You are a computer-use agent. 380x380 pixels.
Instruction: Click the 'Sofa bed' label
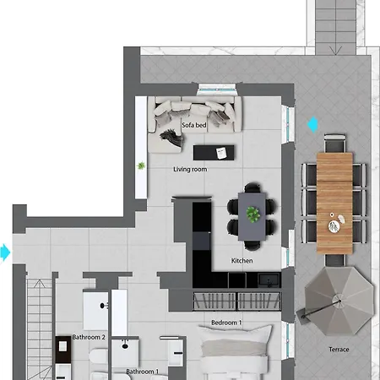(194, 125)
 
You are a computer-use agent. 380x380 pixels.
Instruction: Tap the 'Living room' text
(190, 169)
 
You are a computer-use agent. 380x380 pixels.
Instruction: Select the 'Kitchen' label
(242, 261)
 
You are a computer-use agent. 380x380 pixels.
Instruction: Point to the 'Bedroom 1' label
(226, 323)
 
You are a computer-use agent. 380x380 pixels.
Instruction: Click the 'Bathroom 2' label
(89, 337)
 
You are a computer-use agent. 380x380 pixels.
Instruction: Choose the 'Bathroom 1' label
(143, 372)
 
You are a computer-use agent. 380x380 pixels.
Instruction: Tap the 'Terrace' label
(339, 350)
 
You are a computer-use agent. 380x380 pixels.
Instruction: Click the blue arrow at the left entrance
(5, 252)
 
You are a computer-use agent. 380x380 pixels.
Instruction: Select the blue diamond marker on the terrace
(312, 124)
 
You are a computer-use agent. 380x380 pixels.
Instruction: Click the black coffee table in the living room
(214, 153)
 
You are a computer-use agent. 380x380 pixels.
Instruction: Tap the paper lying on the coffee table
(221, 153)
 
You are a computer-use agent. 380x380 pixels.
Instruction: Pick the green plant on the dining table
(253, 214)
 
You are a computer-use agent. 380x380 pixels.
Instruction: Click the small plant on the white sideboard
(141, 166)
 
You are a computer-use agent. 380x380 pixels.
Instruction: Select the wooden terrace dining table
(334, 204)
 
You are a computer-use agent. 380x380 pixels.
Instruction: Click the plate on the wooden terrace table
(334, 226)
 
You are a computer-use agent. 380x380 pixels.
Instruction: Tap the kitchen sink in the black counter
(269, 280)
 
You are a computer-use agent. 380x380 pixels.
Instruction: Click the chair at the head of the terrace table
(334, 143)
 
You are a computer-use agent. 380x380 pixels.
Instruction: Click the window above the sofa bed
(217, 90)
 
